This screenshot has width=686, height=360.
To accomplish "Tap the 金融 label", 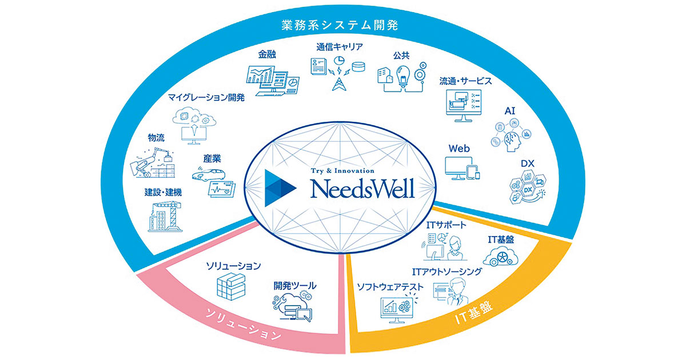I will (x=268, y=55).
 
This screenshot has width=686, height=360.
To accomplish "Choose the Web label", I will (x=459, y=148).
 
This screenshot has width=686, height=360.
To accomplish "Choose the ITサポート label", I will (x=447, y=226).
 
